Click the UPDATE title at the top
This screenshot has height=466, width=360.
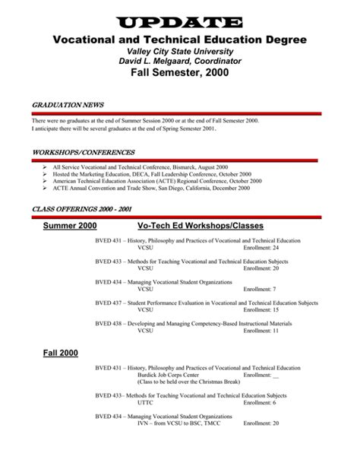[179, 22]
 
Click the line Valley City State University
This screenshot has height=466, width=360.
[179, 50]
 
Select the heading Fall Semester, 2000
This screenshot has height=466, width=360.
[179, 74]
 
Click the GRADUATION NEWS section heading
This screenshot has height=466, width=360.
[68, 104]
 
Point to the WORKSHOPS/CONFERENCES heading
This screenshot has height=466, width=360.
[84, 152]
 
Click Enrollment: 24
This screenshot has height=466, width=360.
[261, 248]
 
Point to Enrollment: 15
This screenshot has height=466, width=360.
[261, 310]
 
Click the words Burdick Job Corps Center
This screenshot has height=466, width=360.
[169, 375]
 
